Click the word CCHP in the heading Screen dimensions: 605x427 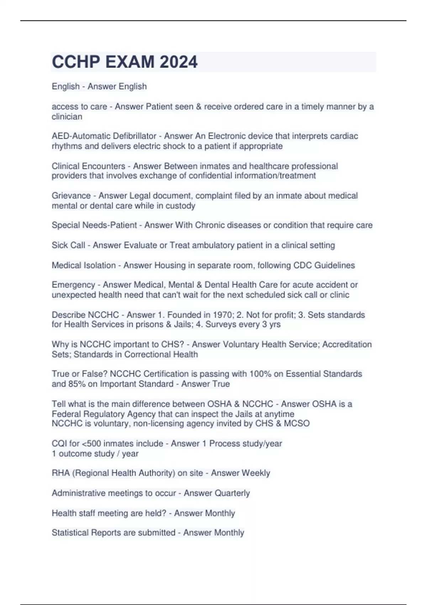tap(76, 62)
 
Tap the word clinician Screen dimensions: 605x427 tap(67, 117)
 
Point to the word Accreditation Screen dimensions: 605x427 tap(347, 344)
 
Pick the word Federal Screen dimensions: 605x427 tap(64, 414)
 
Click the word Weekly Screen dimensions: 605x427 tap(255, 473)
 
